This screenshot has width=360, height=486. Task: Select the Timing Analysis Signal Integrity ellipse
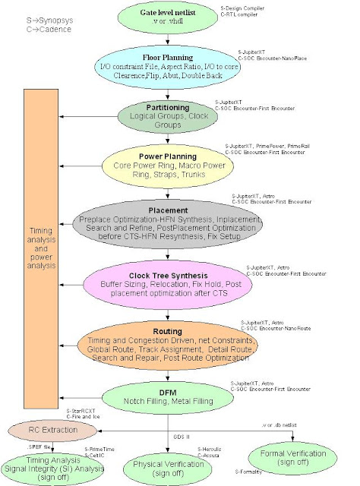pos(48,465)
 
